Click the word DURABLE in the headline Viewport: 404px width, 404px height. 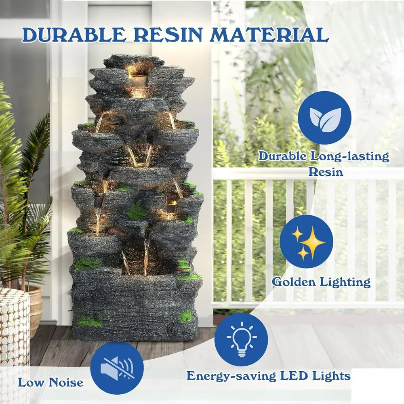tap(73, 35)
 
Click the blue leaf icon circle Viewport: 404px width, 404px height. tap(324, 118)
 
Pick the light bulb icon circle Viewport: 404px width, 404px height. tap(241, 340)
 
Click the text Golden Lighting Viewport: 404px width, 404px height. tap(321, 282)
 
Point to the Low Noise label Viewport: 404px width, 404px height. tap(50, 382)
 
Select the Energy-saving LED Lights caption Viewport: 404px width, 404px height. tap(268, 376)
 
